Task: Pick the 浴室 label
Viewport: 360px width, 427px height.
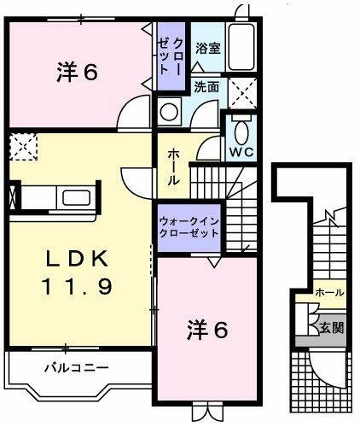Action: click(208, 48)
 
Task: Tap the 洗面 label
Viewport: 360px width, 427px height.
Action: click(206, 87)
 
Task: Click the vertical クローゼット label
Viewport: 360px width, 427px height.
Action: click(169, 55)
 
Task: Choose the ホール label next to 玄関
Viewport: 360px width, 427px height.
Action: click(329, 293)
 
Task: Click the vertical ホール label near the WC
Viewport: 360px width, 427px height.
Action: click(173, 161)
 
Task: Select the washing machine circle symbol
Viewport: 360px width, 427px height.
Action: click(170, 111)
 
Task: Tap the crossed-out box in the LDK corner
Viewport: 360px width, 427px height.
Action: click(21, 146)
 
